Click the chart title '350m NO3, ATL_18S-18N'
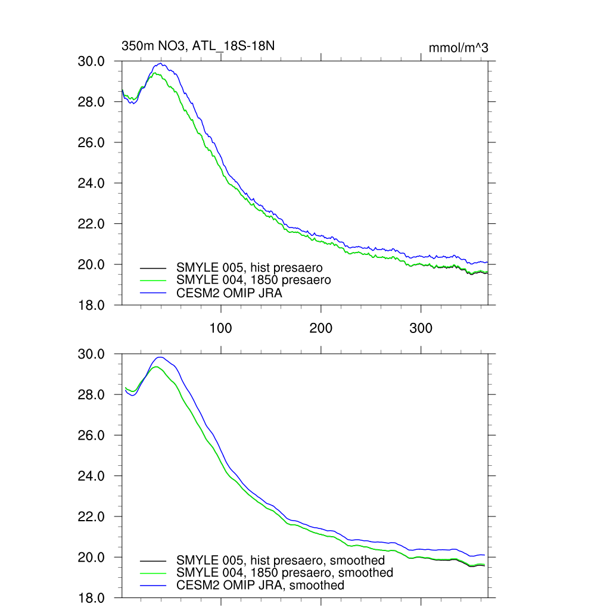pyautogui.click(x=198, y=46)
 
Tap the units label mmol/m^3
pyautogui.click(x=458, y=48)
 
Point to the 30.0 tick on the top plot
pyautogui.click(x=92, y=61)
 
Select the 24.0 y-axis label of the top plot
pyautogui.click(x=92, y=183)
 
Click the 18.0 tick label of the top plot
pyautogui.click(x=92, y=305)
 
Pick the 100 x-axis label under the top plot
pyautogui.click(x=221, y=329)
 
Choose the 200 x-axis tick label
pyautogui.click(x=321, y=329)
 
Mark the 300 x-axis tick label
pyautogui.click(x=421, y=329)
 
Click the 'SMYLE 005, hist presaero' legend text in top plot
pyautogui.click(x=250, y=267)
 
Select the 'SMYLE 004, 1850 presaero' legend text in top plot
pyautogui.click(x=253, y=280)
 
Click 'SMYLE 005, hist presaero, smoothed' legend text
pyautogui.click(x=281, y=561)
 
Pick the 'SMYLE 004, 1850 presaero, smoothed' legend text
pyautogui.click(x=285, y=573)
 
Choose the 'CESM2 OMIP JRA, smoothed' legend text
pyautogui.click(x=260, y=586)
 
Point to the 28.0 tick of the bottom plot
pyautogui.click(x=92, y=395)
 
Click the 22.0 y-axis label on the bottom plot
pyautogui.click(x=92, y=516)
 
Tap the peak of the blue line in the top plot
pyautogui.click(x=160, y=64)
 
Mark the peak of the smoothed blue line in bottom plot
pyautogui.click(x=159, y=357)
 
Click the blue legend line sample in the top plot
pyautogui.click(x=152, y=292)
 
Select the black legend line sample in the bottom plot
pyautogui.click(x=152, y=561)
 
